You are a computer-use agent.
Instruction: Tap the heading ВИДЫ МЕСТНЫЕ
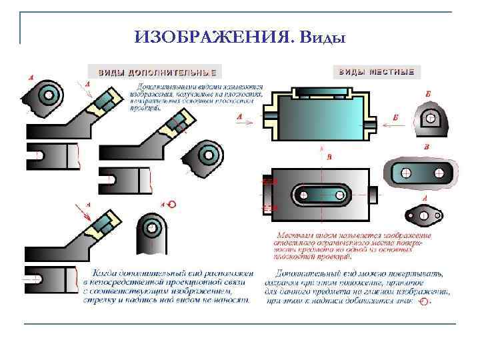[x=377, y=71]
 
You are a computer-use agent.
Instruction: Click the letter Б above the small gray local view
[x=427, y=95]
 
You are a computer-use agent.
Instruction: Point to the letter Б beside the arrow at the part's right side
[x=396, y=117]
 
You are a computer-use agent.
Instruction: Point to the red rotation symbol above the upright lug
[x=172, y=204]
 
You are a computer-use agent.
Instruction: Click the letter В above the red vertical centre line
[x=329, y=157]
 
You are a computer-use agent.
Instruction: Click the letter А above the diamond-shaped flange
[x=425, y=199]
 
